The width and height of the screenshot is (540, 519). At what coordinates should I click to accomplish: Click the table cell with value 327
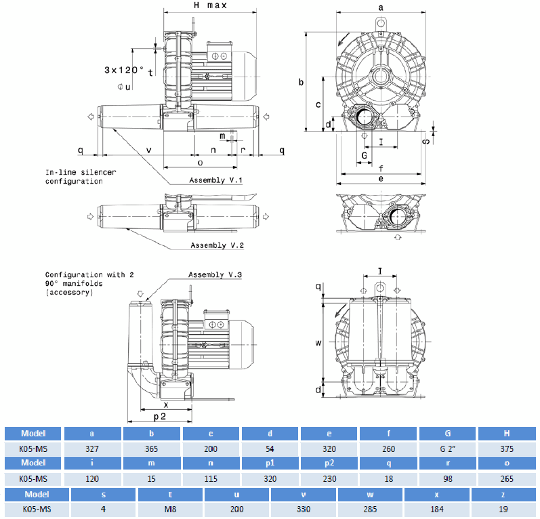(91, 449)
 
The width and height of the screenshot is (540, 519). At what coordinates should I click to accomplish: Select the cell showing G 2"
(448, 449)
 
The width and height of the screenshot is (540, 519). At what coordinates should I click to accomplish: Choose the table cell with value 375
(507, 449)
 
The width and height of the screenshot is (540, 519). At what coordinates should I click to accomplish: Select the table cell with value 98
(448, 478)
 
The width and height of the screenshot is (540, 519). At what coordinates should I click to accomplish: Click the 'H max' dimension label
(209, 5)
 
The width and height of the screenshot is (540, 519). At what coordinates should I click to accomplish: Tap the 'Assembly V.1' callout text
(215, 180)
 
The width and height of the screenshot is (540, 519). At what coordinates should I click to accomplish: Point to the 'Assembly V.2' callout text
(216, 245)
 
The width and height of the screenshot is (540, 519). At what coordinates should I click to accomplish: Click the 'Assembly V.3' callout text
(215, 275)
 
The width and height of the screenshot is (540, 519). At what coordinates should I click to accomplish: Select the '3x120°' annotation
(125, 70)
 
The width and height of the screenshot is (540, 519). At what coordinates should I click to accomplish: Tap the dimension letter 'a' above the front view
(381, 6)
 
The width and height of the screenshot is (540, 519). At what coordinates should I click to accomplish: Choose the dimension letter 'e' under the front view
(381, 179)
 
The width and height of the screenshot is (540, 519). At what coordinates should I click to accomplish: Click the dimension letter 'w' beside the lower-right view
(318, 343)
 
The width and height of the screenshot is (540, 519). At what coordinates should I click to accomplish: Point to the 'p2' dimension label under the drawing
(160, 417)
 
